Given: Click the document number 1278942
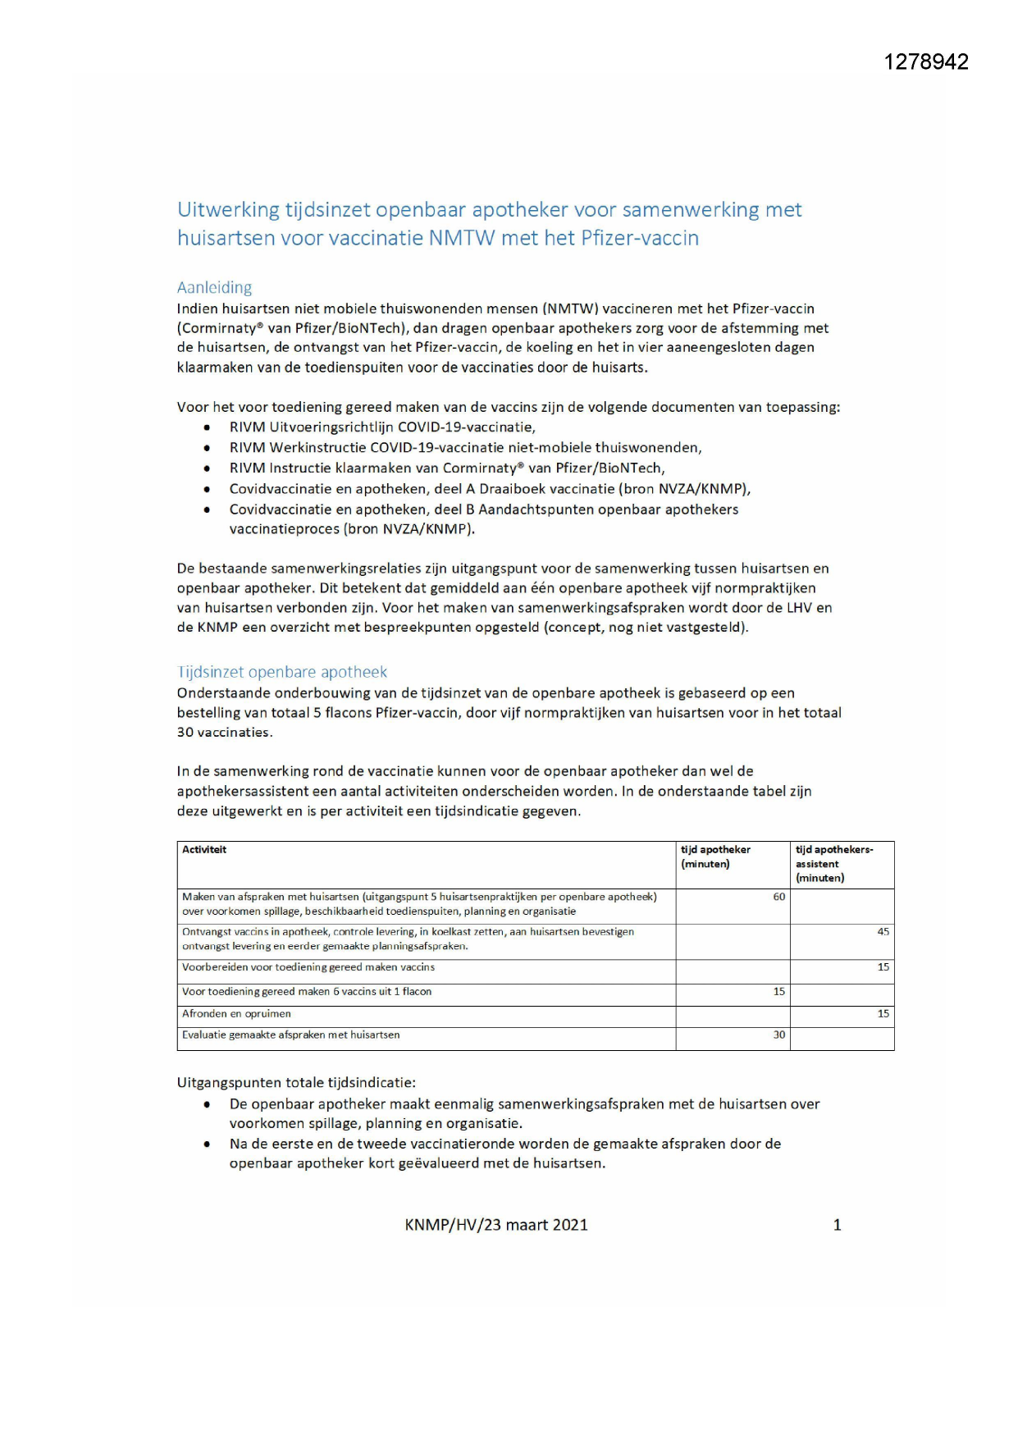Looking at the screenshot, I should (926, 62).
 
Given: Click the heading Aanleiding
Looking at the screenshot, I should (214, 287).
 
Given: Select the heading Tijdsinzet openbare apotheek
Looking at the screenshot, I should (281, 672).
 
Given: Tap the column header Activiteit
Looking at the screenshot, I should (204, 850).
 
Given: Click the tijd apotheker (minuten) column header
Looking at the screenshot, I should (715, 857).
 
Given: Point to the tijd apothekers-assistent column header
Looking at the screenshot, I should (834, 863).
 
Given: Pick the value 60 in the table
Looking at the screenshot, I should (778, 897).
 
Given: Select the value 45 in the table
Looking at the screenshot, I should (883, 932).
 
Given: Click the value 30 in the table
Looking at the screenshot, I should (778, 1035).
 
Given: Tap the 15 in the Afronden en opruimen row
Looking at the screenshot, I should (883, 1014).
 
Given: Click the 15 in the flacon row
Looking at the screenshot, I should (778, 992).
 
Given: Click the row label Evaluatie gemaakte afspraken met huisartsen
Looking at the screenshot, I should (290, 1035).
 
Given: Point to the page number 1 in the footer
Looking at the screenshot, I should (837, 1225).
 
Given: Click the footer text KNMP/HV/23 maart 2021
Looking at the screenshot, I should (495, 1225).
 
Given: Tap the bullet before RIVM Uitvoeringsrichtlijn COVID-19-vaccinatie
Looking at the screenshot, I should (208, 427).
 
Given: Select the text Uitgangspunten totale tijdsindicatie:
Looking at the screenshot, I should (296, 1083).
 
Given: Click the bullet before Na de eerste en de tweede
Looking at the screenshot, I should (208, 1144).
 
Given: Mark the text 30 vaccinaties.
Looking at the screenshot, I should (224, 733).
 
